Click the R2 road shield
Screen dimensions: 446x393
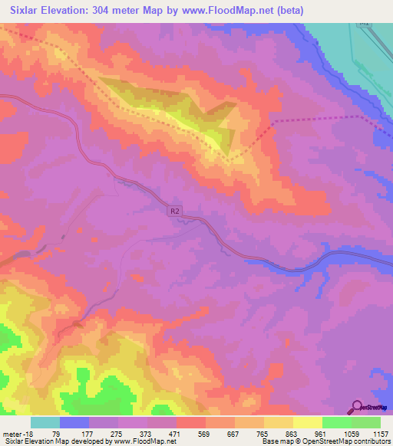point(175,209)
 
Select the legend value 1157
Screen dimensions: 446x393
point(381,434)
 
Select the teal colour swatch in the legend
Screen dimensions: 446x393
point(45,422)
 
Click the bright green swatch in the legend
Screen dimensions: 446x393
point(336,422)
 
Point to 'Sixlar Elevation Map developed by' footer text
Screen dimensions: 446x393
point(47,442)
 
